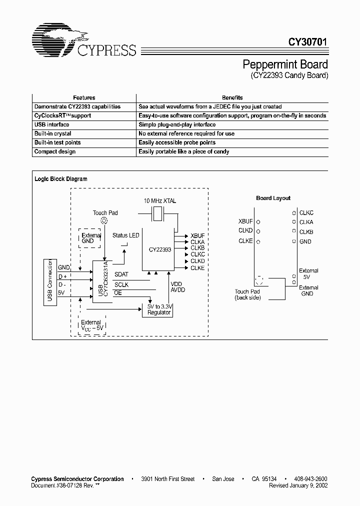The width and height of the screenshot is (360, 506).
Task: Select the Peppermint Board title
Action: [x=285, y=64]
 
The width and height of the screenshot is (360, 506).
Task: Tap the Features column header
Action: [x=84, y=97]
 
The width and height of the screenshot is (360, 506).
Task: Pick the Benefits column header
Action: [x=232, y=97]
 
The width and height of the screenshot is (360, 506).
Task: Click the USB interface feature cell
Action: [x=51, y=124]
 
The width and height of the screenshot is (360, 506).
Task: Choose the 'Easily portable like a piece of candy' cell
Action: [x=183, y=151]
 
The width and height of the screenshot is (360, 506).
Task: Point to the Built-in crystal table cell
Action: [x=52, y=133]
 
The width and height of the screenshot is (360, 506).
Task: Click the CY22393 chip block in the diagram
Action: [x=157, y=248]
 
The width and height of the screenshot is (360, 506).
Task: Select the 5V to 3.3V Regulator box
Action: [x=159, y=309]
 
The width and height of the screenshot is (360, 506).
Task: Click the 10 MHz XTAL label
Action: [x=160, y=200]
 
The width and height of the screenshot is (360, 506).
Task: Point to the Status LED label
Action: [x=126, y=235]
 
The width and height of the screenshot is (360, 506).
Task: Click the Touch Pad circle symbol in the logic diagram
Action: [x=104, y=220]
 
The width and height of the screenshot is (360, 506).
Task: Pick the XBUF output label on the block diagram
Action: [x=197, y=235]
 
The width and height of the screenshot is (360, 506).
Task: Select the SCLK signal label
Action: [x=121, y=284]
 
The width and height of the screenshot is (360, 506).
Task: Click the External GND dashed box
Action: [x=91, y=238]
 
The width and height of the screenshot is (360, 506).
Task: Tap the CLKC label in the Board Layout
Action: [x=306, y=212]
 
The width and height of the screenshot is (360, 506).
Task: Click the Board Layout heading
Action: [x=273, y=198]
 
